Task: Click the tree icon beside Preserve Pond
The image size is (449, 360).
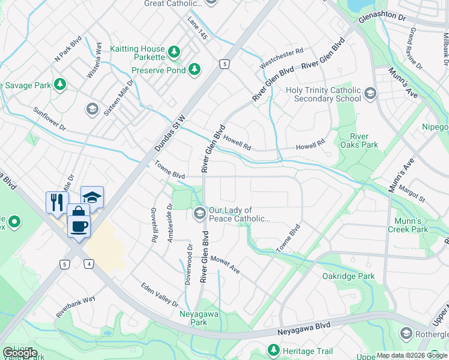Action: (x=194, y=70)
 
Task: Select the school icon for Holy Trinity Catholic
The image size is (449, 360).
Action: (x=370, y=94)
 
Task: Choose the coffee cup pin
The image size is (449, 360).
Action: (x=79, y=227)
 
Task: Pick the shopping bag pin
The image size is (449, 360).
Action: (x=78, y=212)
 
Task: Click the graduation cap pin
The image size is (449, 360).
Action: (x=92, y=196)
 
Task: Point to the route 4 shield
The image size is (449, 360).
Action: (x=89, y=263)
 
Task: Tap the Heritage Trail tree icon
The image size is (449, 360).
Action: (x=274, y=349)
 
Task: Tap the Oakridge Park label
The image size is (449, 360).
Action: (x=348, y=276)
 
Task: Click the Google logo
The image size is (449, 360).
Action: (x=20, y=353)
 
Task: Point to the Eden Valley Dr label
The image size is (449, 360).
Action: (x=160, y=295)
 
